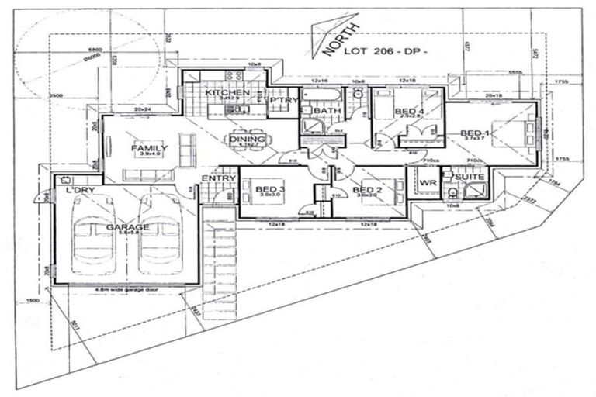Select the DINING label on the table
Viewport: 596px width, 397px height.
tap(247, 139)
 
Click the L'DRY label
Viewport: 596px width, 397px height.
tap(80, 189)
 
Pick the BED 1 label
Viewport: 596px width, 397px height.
tap(475, 133)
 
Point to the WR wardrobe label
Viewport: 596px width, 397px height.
tap(427, 183)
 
